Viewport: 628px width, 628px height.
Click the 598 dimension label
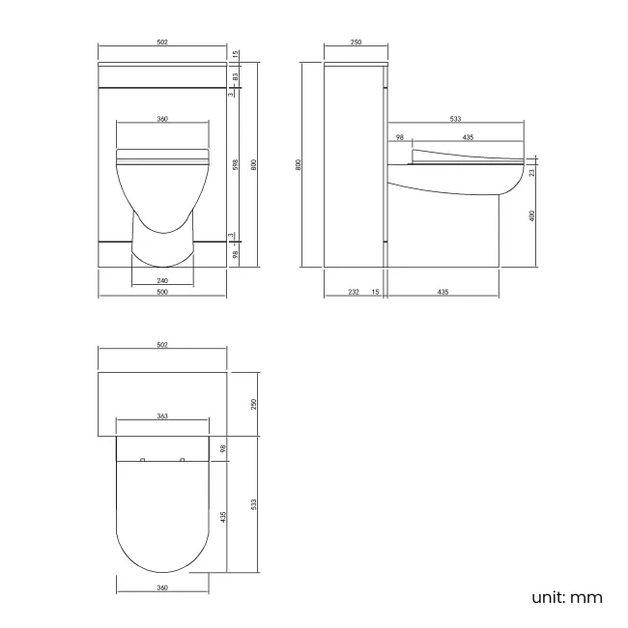236,163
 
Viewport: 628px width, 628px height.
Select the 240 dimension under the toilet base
162,281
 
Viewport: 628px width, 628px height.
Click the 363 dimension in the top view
162,416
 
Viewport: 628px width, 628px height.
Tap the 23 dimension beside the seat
532,172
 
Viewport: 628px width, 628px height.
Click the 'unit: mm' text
567,597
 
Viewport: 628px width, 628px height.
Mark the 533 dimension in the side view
454,120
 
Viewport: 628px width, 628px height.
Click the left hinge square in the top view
143,460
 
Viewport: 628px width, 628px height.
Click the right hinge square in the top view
182,460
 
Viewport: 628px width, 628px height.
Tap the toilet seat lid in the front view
162,154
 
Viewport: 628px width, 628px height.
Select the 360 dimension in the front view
162,119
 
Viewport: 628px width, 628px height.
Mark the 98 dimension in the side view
398,137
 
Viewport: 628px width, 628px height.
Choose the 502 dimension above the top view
162,344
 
